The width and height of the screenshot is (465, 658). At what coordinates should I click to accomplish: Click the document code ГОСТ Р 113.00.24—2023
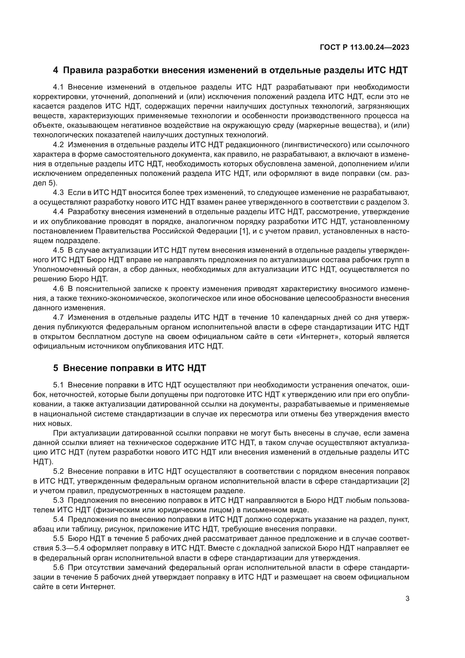[x=364, y=48]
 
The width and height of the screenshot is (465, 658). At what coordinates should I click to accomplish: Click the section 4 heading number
[x=56, y=70]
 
